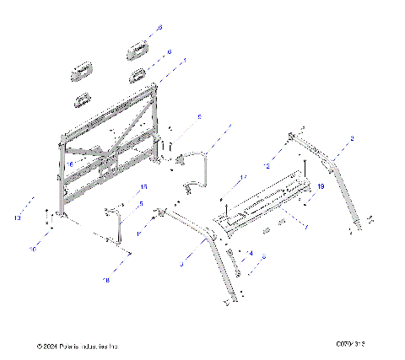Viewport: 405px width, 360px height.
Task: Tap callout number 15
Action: [x=143, y=186]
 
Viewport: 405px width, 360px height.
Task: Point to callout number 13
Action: [x=18, y=218]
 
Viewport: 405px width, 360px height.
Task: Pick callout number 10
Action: [x=34, y=250]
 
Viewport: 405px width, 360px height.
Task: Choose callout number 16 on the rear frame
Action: [x=73, y=164]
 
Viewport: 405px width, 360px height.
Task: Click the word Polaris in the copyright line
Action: [x=72, y=347]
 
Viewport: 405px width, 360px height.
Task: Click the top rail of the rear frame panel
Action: [x=108, y=109]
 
